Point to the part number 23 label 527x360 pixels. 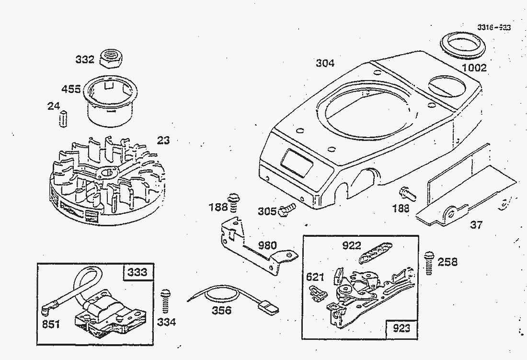[x=163, y=140]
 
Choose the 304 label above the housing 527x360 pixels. [x=325, y=63]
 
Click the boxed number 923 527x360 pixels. [x=401, y=328]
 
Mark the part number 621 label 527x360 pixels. [x=315, y=277]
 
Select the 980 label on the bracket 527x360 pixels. [x=267, y=246]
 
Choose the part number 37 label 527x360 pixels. [x=476, y=225]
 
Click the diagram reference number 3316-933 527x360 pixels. [x=493, y=28]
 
